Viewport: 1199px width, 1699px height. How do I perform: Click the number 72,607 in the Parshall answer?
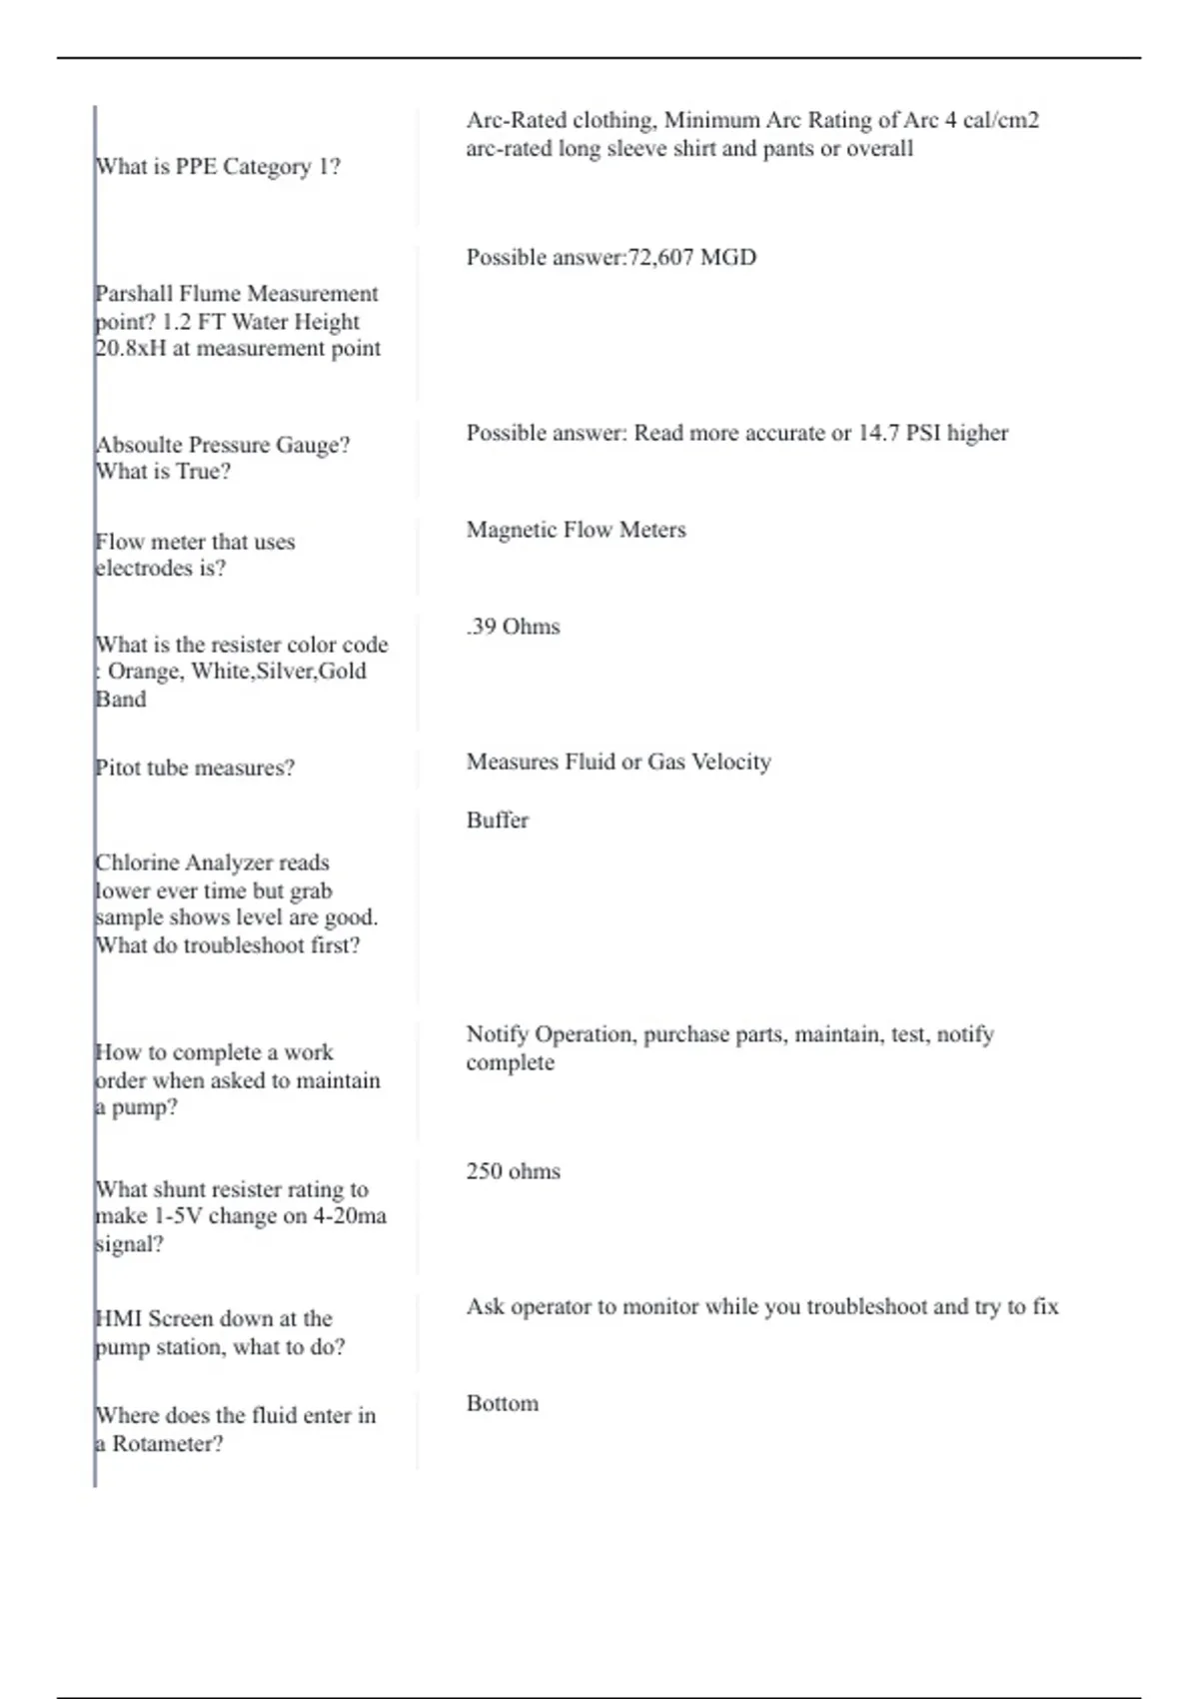(x=660, y=258)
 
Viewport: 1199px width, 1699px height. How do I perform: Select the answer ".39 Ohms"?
(x=513, y=627)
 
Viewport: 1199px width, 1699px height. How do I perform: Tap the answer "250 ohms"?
(x=513, y=1171)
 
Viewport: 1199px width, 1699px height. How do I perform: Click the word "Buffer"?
(x=497, y=821)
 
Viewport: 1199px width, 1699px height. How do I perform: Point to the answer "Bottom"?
(x=502, y=1403)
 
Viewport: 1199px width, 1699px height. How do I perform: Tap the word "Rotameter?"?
(x=168, y=1444)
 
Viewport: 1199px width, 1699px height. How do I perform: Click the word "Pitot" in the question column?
(x=117, y=768)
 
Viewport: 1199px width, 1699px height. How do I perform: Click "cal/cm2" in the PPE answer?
(x=1001, y=120)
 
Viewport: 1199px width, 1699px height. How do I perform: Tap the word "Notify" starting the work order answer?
(x=497, y=1034)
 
